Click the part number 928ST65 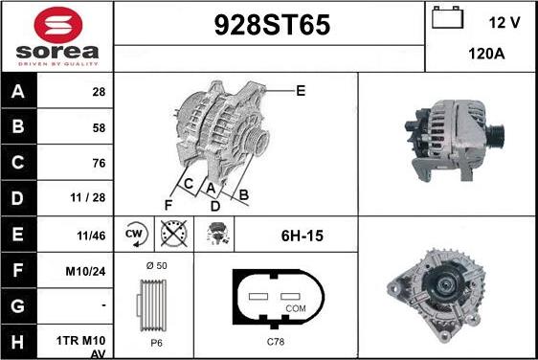pos(269,27)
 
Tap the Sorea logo pos(56,36)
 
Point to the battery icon pos(446,19)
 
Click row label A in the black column pos(17,92)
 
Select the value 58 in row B pos(99,127)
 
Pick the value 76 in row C pos(99,163)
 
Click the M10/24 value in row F pos(87,271)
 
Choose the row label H pos(17,341)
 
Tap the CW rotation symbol pos(134,233)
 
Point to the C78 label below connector pos(275,342)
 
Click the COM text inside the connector pos(296,309)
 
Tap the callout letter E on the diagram pos(300,91)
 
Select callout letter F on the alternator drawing pos(168,203)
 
